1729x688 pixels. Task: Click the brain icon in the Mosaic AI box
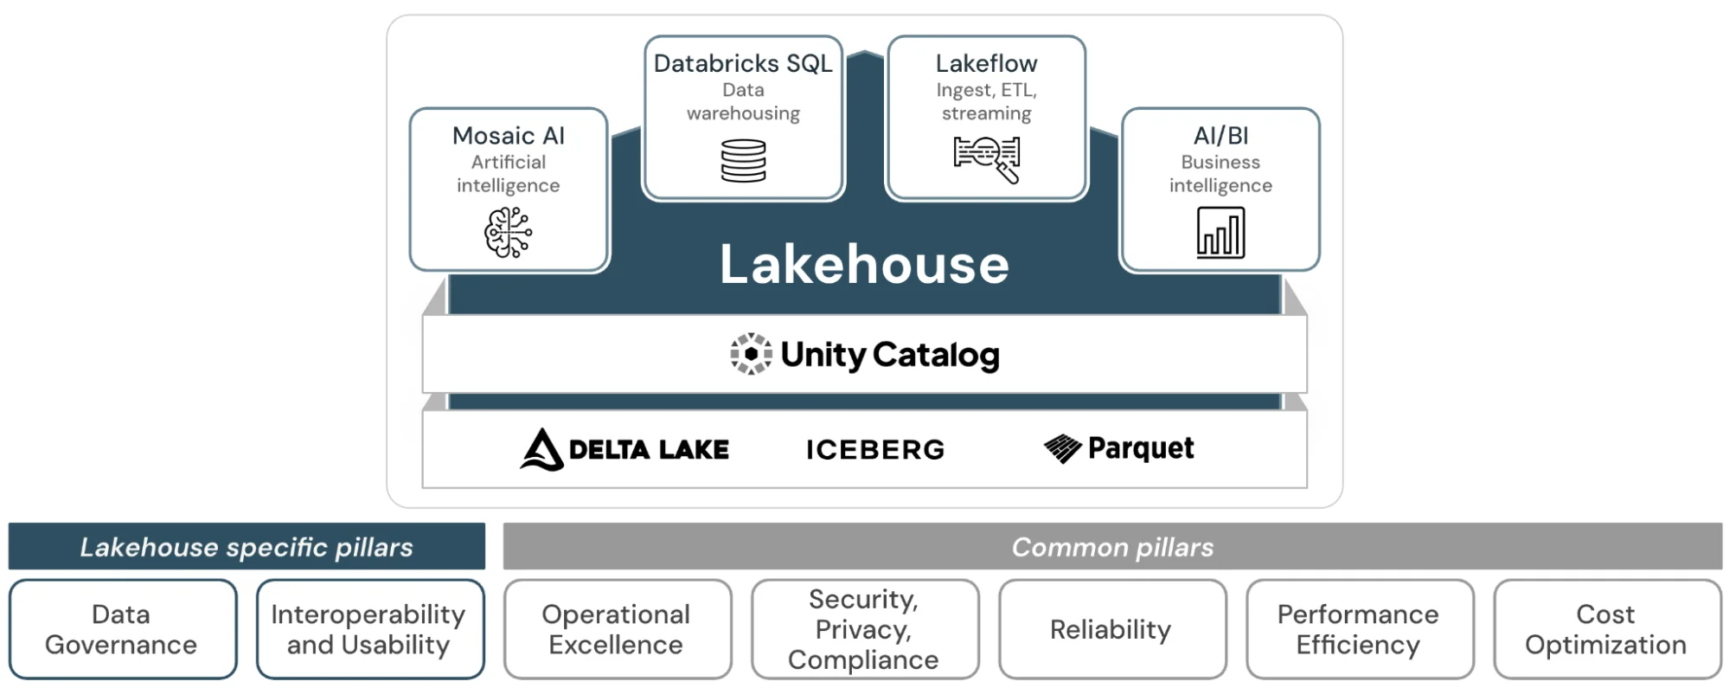508,232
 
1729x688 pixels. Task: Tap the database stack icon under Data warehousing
743,161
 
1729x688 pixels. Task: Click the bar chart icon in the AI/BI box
1220,233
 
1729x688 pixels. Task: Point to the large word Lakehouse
864,264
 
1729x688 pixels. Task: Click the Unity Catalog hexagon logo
751,354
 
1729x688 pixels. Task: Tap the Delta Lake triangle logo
542,449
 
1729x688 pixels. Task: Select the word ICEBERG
875,450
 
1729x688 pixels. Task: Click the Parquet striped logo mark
1062,448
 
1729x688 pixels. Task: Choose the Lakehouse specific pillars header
247,547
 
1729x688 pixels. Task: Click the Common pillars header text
1112,547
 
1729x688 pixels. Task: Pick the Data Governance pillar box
122,629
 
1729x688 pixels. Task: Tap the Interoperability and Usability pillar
369,629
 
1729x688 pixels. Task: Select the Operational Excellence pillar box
617,629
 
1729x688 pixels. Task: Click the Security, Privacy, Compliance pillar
864,629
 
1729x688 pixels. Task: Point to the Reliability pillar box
1111,629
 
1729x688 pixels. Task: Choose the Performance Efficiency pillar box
1359,629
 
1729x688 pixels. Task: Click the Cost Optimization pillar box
1606,629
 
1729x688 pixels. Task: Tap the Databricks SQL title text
743,63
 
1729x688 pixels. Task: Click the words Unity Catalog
890,355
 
